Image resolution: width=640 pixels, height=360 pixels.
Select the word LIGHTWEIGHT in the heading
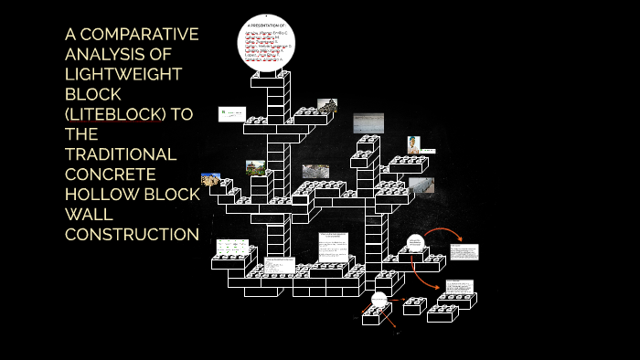click(123, 75)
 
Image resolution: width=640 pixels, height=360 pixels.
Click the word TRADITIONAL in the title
click(120, 154)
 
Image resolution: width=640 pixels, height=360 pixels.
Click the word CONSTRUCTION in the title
click(132, 235)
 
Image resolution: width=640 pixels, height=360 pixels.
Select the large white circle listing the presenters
click(266, 41)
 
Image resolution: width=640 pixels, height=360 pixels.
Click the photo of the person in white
click(415, 145)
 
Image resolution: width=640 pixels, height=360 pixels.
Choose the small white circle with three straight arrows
click(379, 300)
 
